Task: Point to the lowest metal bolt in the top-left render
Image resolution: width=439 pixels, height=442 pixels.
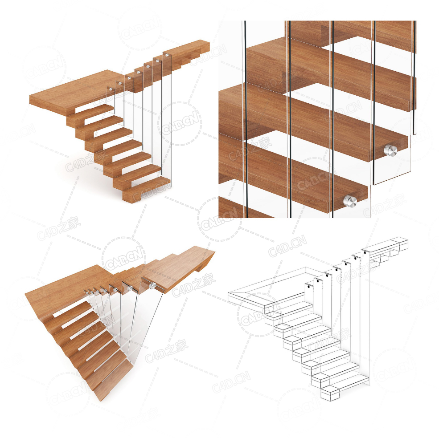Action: pyautogui.click(x=110, y=89)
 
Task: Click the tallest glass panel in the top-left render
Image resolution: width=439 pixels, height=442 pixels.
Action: pyautogui.click(x=167, y=116)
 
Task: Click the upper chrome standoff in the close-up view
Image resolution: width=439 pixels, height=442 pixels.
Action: pyautogui.click(x=390, y=150)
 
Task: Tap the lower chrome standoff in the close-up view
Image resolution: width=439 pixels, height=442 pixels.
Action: pyautogui.click(x=350, y=201)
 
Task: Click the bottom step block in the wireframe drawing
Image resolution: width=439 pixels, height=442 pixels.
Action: pyautogui.click(x=331, y=393)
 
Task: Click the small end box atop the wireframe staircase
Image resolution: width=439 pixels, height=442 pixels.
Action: pyautogui.click(x=400, y=243)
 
